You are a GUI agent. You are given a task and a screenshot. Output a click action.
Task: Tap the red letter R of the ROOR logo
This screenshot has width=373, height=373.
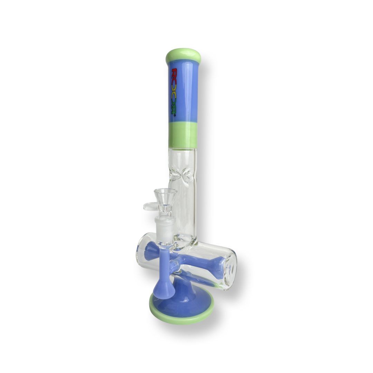click(174, 73)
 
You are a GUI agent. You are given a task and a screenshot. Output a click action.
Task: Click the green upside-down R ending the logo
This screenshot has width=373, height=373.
click(173, 110)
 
